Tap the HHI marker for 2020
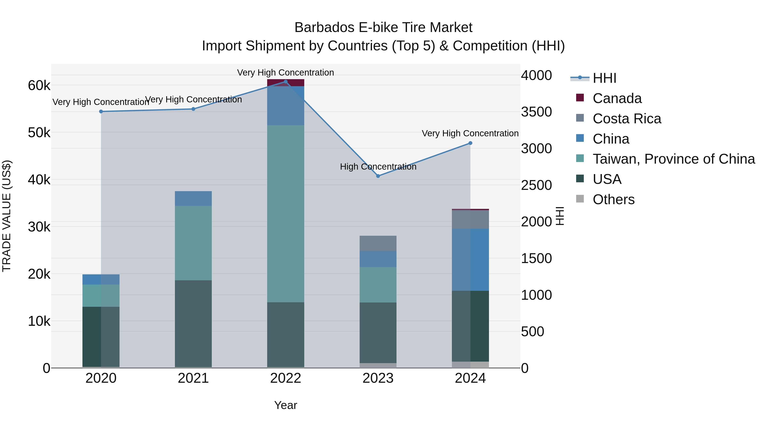(x=101, y=112)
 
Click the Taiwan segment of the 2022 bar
(x=285, y=214)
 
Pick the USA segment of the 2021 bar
(x=193, y=323)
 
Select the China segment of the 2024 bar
(x=470, y=259)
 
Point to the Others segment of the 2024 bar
(x=470, y=365)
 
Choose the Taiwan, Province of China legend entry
(x=673, y=159)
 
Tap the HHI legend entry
(x=604, y=78)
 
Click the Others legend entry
(x=613, y=199)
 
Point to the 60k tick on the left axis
(x=39, y=86)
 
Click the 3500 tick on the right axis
(x=536, y=112)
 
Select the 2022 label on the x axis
(x=285, y=378)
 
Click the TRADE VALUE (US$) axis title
(x=7, y=216)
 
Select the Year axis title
(x=285, y=405)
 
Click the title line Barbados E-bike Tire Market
(x=383, y=28)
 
